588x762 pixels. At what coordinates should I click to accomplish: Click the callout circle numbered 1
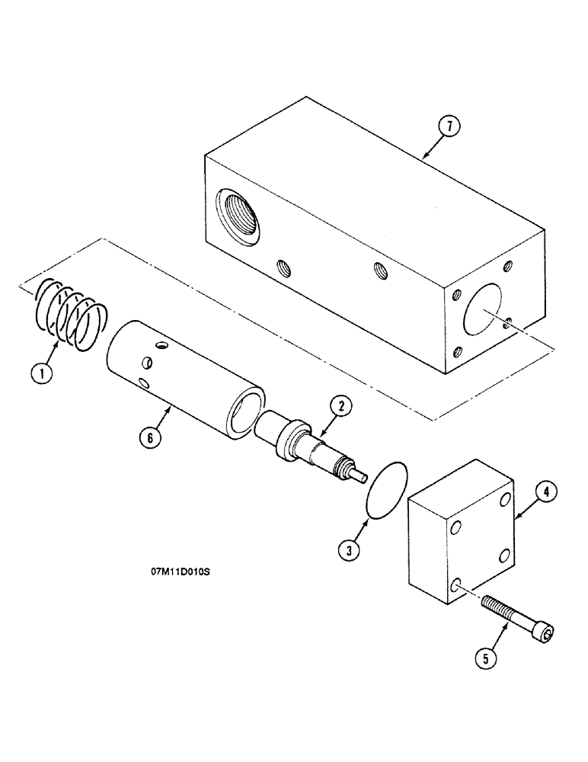(42, 373)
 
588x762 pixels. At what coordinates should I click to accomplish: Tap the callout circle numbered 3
(347, 551)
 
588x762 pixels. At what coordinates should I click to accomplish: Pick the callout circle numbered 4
(545, 494)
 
